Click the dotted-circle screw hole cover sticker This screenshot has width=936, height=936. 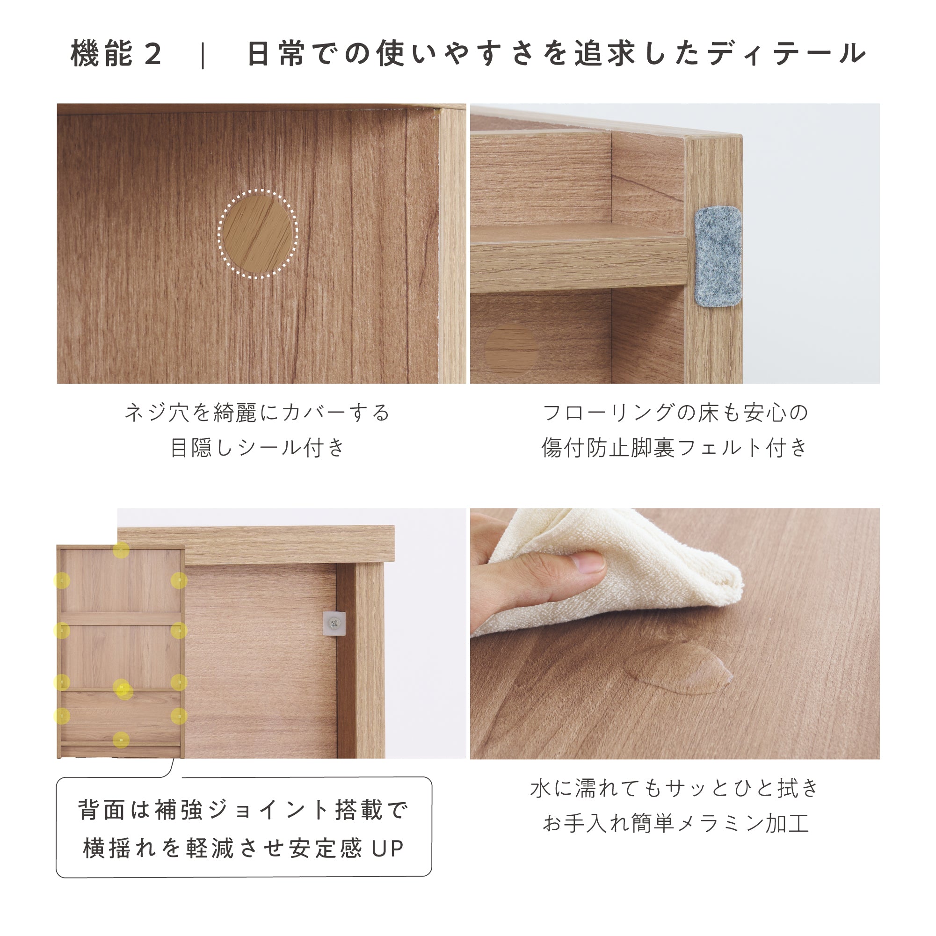tap(258, 234)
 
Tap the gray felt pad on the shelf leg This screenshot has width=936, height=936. tap(718, 257)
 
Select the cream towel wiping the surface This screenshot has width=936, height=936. tap(606, 572)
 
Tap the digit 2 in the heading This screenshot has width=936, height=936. tap(152, 54)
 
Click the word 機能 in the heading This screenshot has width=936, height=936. tap(102, 53)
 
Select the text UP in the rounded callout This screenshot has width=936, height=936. tap(388, 849)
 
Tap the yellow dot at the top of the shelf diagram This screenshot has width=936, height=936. tap(121, 551)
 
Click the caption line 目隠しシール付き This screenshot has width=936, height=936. tap(258, 447)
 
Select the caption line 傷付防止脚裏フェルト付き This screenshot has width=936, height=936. tap(675, 447)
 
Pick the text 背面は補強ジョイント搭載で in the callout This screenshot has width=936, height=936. tap(244, 810)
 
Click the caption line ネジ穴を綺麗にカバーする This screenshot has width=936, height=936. tap(258, 413)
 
